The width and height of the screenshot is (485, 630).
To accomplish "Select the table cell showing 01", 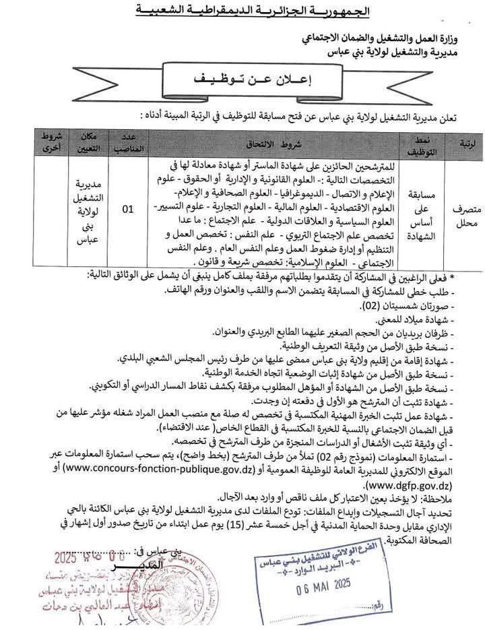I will tap(126, 210).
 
